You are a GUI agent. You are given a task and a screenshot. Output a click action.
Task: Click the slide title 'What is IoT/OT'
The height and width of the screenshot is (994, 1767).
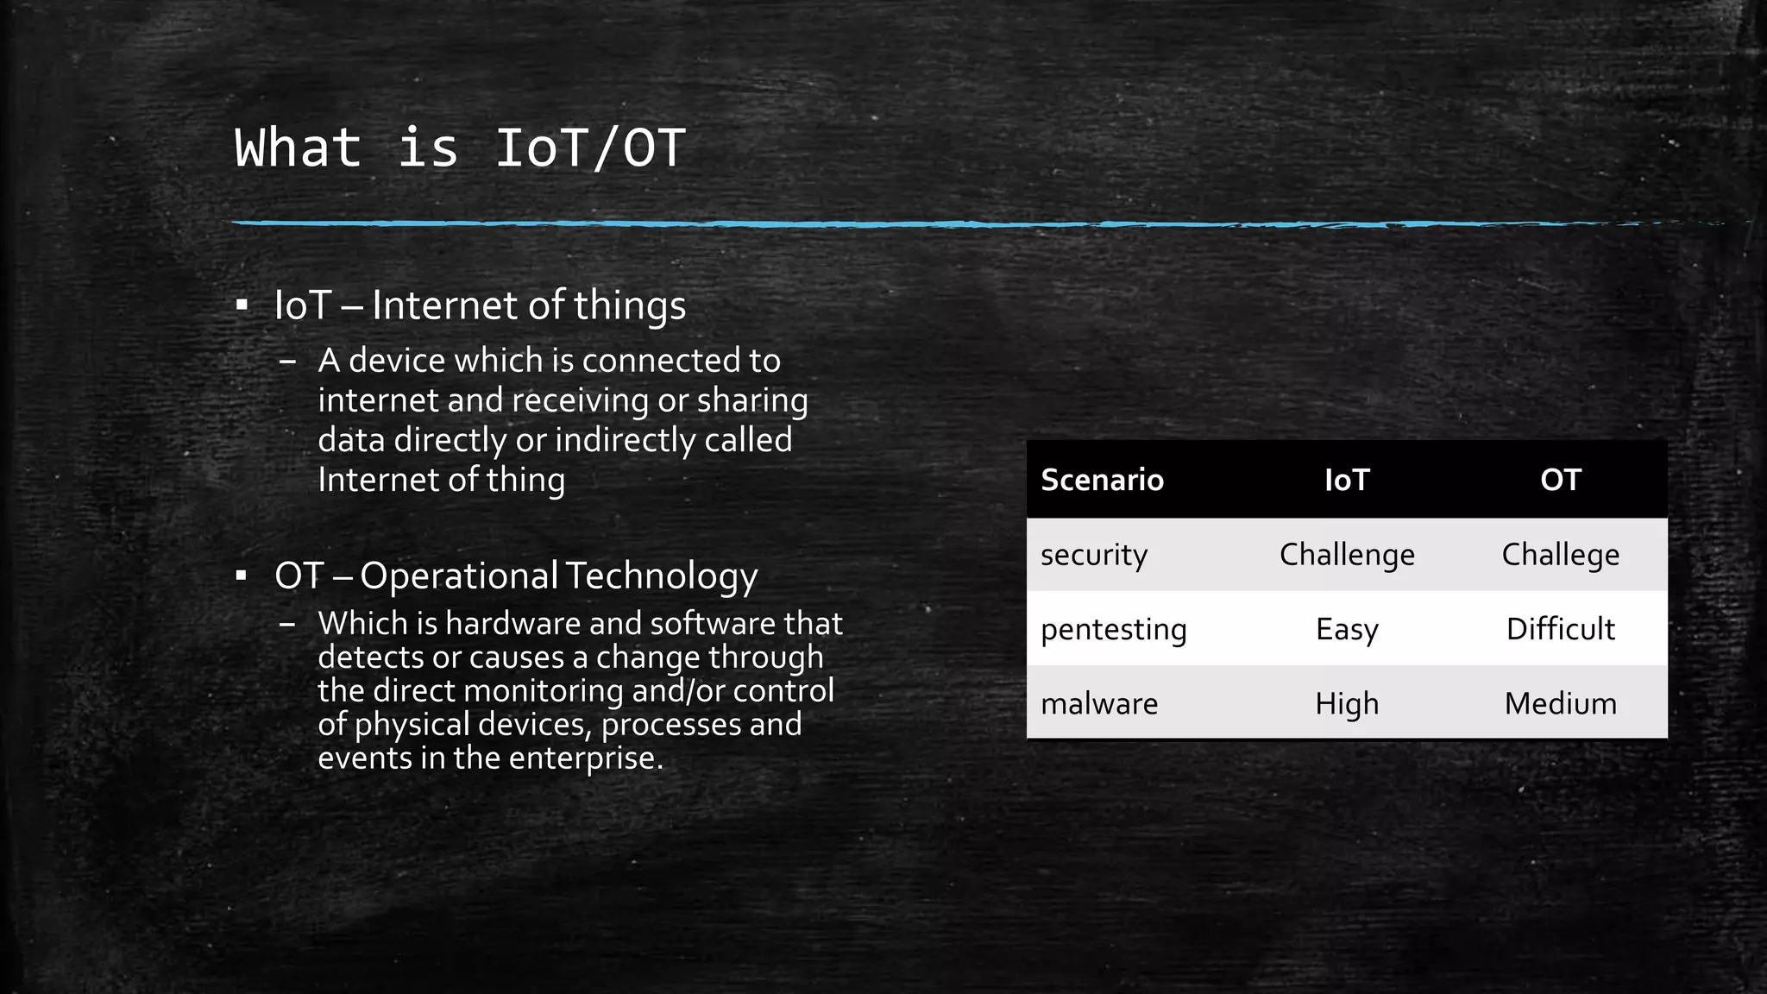tap(460, 148)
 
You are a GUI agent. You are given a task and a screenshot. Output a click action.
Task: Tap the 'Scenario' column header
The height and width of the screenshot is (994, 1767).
tap(1102, 480)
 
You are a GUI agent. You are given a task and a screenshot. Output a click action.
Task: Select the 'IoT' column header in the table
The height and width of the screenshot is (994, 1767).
tap(1347, 480)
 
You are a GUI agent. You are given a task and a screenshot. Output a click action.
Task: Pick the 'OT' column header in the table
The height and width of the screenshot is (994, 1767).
tap(1560, 480)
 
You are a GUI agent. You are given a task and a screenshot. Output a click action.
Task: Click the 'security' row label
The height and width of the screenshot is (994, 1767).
tap(1093, 555)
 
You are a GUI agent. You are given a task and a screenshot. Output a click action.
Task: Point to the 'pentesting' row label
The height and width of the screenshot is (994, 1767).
tap(1113, 629)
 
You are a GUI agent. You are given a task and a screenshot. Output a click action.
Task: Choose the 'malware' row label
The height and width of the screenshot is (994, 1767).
tap(1099, 704)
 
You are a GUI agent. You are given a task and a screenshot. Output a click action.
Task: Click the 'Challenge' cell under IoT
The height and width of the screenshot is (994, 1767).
tap(1347, 555)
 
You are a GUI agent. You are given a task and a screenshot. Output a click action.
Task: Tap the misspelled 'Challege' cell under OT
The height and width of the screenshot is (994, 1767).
tap(1560, 555)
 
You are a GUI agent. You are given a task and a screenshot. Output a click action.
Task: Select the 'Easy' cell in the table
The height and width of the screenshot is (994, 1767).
tap(1347, 629)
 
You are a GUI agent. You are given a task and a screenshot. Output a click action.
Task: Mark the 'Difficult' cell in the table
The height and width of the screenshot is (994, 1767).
tap(1560, 629)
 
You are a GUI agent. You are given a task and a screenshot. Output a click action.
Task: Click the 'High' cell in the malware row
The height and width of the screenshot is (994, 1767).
tap(1347, 704)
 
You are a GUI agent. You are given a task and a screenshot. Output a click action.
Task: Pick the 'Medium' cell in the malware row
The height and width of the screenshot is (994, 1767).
tap(1560, 704)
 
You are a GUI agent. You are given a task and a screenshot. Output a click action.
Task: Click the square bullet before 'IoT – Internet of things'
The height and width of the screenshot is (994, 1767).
tap(242, 305)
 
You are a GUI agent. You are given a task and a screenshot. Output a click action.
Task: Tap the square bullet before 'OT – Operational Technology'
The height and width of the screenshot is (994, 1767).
tap(242, 575)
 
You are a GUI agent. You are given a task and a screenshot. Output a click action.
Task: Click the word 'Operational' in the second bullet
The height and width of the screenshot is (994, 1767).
tap(459, 576)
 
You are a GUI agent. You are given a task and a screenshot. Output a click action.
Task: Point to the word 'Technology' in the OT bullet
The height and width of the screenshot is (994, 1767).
tap(662, 576)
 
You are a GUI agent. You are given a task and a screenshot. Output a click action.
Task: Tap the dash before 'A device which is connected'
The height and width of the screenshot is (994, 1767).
tap(288, 361)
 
